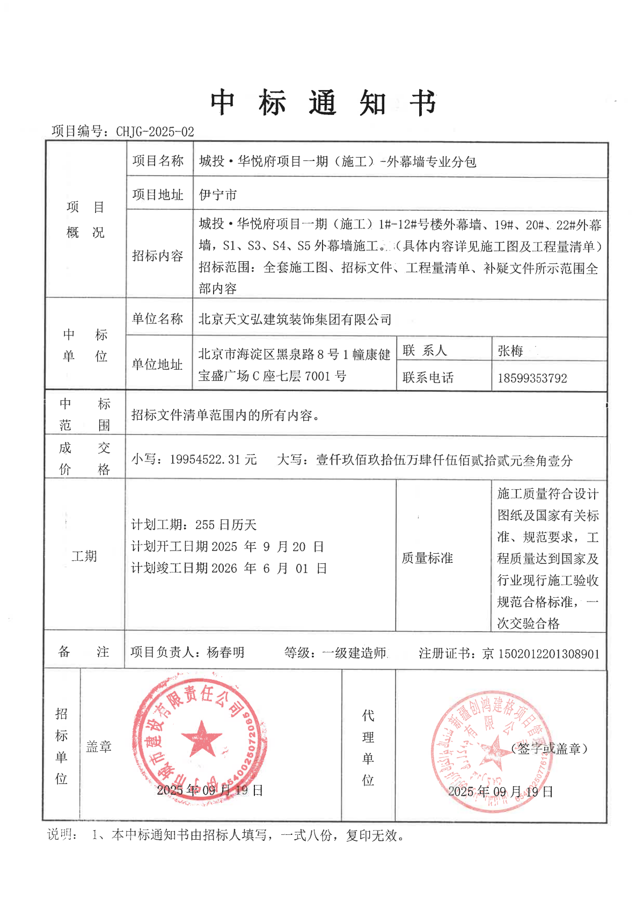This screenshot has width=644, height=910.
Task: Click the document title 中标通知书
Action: pyautogui.click(x=323, y=103)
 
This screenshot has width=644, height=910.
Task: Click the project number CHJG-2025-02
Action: pyautogui.click(x=155, y=131)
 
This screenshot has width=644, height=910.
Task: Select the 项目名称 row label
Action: pyautogui.click(x=158, y=161)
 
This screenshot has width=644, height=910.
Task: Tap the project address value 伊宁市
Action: pyautogui.click(x=218, y=195)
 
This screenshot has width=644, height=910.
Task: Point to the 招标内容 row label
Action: pyautogui.click(x=158, y=256)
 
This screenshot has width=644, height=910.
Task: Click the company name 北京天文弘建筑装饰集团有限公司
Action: pyautogui.click(x=295, y=320)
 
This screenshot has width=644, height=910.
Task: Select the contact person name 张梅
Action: pyautogui.click(x=510, y=351)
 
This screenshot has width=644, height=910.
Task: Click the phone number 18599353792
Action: pyautogui.click(x=532, y=378)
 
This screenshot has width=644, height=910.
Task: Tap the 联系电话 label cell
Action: pyautogui.click(x=428, y=378)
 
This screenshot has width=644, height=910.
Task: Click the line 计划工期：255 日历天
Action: pyautogui.click(x=194, y=525)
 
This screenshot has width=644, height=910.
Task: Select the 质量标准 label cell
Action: pyautogui.click(x=427, y=558)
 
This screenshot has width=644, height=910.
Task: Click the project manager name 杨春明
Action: pyautogui.click(x=225, y=652)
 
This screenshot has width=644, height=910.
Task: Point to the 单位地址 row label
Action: pyautogui.click(x=157, y=365)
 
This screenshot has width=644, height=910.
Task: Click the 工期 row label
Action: pyautogui.click(x=84, y=556)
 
